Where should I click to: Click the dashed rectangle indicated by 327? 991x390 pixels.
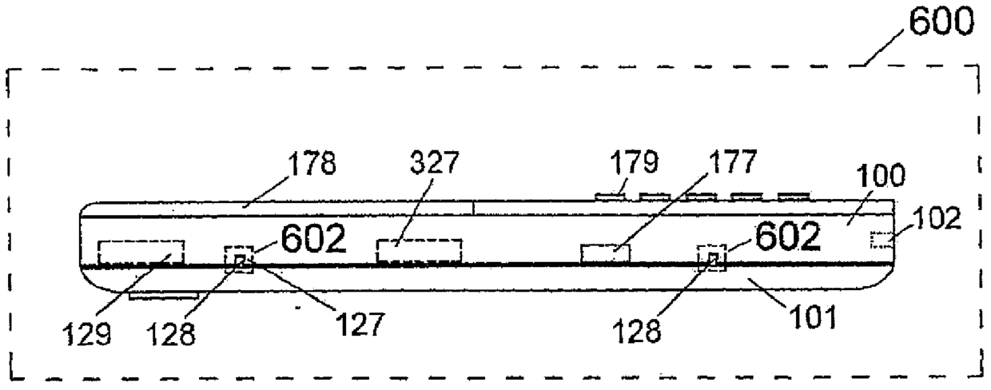click(419, 252)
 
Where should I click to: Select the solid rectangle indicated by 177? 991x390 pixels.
click(605, 254)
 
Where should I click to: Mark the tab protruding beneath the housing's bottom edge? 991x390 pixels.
click(162, 296)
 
